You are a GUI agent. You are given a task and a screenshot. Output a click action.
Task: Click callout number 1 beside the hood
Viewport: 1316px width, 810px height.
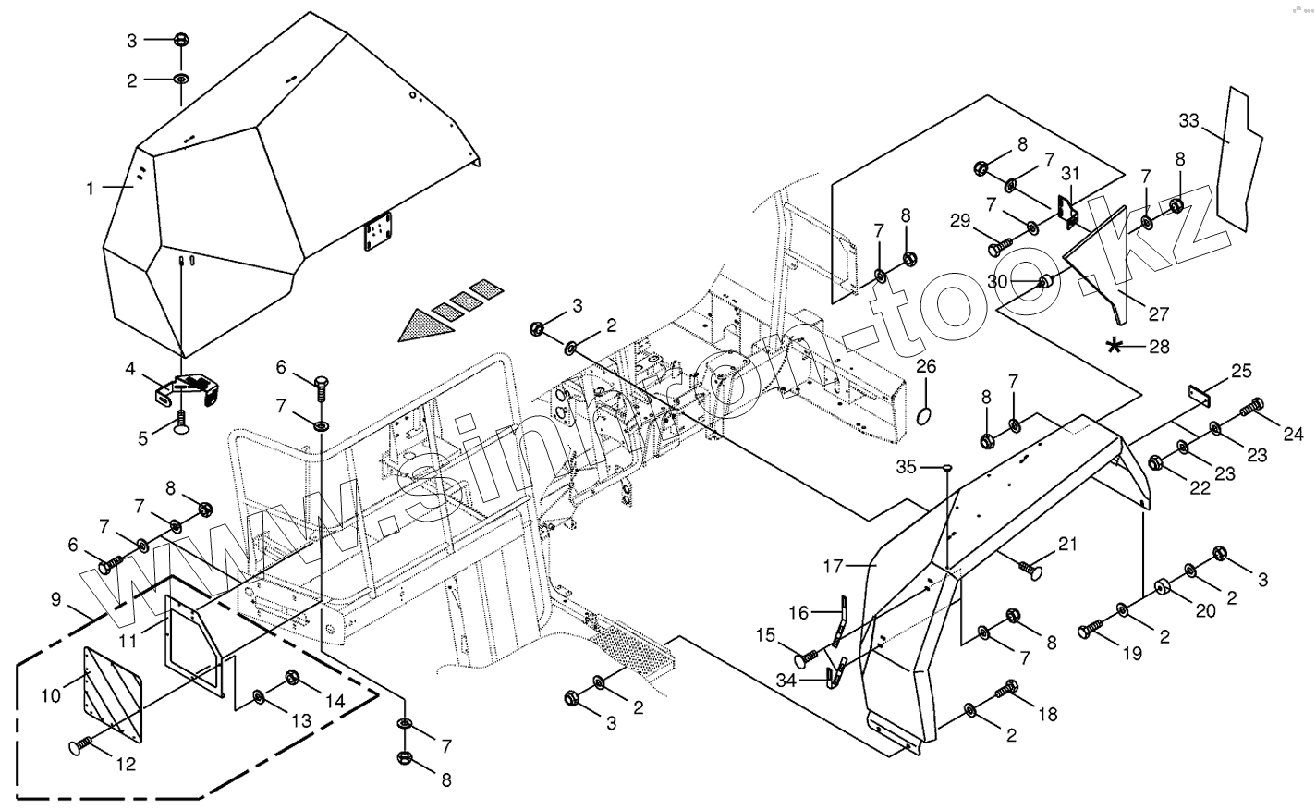click(91, 189)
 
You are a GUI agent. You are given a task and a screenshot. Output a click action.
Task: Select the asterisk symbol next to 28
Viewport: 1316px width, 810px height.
click(1116, 347)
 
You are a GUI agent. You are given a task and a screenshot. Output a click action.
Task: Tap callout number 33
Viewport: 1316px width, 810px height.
click(1188, 120)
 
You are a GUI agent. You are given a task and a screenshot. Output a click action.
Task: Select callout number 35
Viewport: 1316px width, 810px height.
click(908, 467)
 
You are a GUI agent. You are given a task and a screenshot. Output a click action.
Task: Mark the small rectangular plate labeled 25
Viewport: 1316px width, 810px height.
click(1198, 396)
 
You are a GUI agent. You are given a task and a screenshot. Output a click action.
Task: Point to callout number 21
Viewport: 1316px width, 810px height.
click(1068, 544)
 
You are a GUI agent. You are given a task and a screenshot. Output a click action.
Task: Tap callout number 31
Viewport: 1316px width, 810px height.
click(1070, 174)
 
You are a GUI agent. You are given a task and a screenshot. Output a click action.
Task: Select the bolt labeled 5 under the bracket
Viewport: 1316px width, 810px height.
click(182, 423)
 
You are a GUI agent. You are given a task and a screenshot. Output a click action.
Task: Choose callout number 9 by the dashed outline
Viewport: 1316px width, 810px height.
click(56, 601)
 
